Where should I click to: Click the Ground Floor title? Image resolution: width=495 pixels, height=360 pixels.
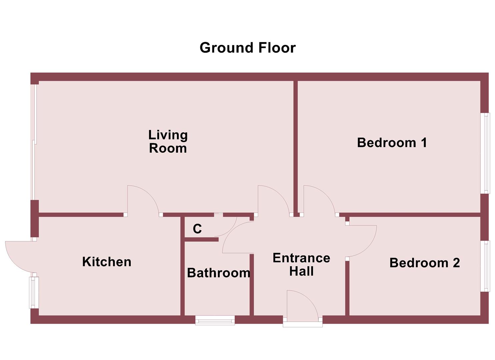click(247, 48)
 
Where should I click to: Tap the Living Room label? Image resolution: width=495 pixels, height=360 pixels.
click(168, 142)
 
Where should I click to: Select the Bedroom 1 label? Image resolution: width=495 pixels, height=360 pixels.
click(392, 143)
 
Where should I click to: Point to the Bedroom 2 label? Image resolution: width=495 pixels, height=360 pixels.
click(424, 263)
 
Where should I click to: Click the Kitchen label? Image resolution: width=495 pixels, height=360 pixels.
click(107, 262)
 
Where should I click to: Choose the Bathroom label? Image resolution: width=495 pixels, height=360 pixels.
click(218, 273)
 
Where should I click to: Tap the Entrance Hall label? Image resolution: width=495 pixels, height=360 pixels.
click(301, 265)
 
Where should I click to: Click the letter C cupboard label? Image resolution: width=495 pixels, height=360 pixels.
click(197, 229)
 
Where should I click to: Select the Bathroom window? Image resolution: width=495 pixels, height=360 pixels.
click(215, 321)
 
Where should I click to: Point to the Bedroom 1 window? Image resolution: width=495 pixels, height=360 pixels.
click(487, 153)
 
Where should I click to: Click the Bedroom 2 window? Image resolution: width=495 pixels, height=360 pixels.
click(487, 266)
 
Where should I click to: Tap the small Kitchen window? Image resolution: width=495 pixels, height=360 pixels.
click(33, 292)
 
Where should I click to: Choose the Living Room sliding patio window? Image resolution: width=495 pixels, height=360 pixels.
click(33, 142)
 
